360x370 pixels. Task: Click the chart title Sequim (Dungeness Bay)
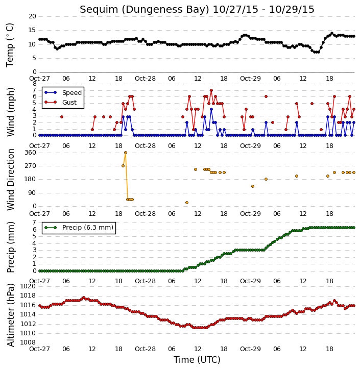(145, 10)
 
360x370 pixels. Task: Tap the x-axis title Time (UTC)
(197, 360)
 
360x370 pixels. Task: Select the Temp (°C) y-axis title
(10, 45)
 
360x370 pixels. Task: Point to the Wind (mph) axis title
(10, 112)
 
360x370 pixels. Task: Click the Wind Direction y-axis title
(11, 180)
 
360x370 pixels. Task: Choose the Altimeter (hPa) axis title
(10, 315)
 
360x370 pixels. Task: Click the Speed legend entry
(72, 93)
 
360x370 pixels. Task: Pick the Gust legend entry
(69, 103)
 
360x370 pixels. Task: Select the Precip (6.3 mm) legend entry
(88, 228)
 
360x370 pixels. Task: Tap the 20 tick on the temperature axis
(32, 16)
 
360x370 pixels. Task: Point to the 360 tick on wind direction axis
(31, 153)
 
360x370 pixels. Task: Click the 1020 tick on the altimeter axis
(28, 286)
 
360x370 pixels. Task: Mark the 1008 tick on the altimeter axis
(28, 342)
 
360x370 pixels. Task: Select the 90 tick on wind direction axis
(32, 193)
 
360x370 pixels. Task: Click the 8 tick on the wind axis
(34, 84)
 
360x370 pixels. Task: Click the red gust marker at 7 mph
(211, 90)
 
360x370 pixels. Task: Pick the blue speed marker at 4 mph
(211, 109)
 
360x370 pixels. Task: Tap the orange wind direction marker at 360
(126, 153)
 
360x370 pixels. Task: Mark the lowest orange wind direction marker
(187, 203)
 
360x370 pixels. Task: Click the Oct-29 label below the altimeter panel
(250, 349)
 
